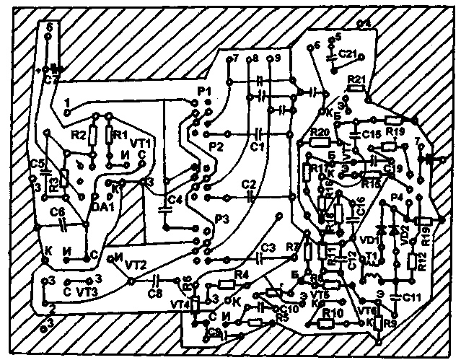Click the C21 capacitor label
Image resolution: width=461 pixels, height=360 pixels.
pos(348,54)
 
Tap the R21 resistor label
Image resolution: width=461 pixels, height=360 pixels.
pos(357,79)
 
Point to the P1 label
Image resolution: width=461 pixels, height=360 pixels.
pos(203,91)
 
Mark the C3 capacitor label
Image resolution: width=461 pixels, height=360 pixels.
pos(268,247)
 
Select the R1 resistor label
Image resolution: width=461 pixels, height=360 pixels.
pos(120,134)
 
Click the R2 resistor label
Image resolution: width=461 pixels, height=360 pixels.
pos(79,134)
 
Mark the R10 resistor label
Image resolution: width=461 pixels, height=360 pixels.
pos(333,312)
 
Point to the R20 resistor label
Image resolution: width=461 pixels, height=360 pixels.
pos(320,132)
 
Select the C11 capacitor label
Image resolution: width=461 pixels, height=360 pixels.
pos(411,297)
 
